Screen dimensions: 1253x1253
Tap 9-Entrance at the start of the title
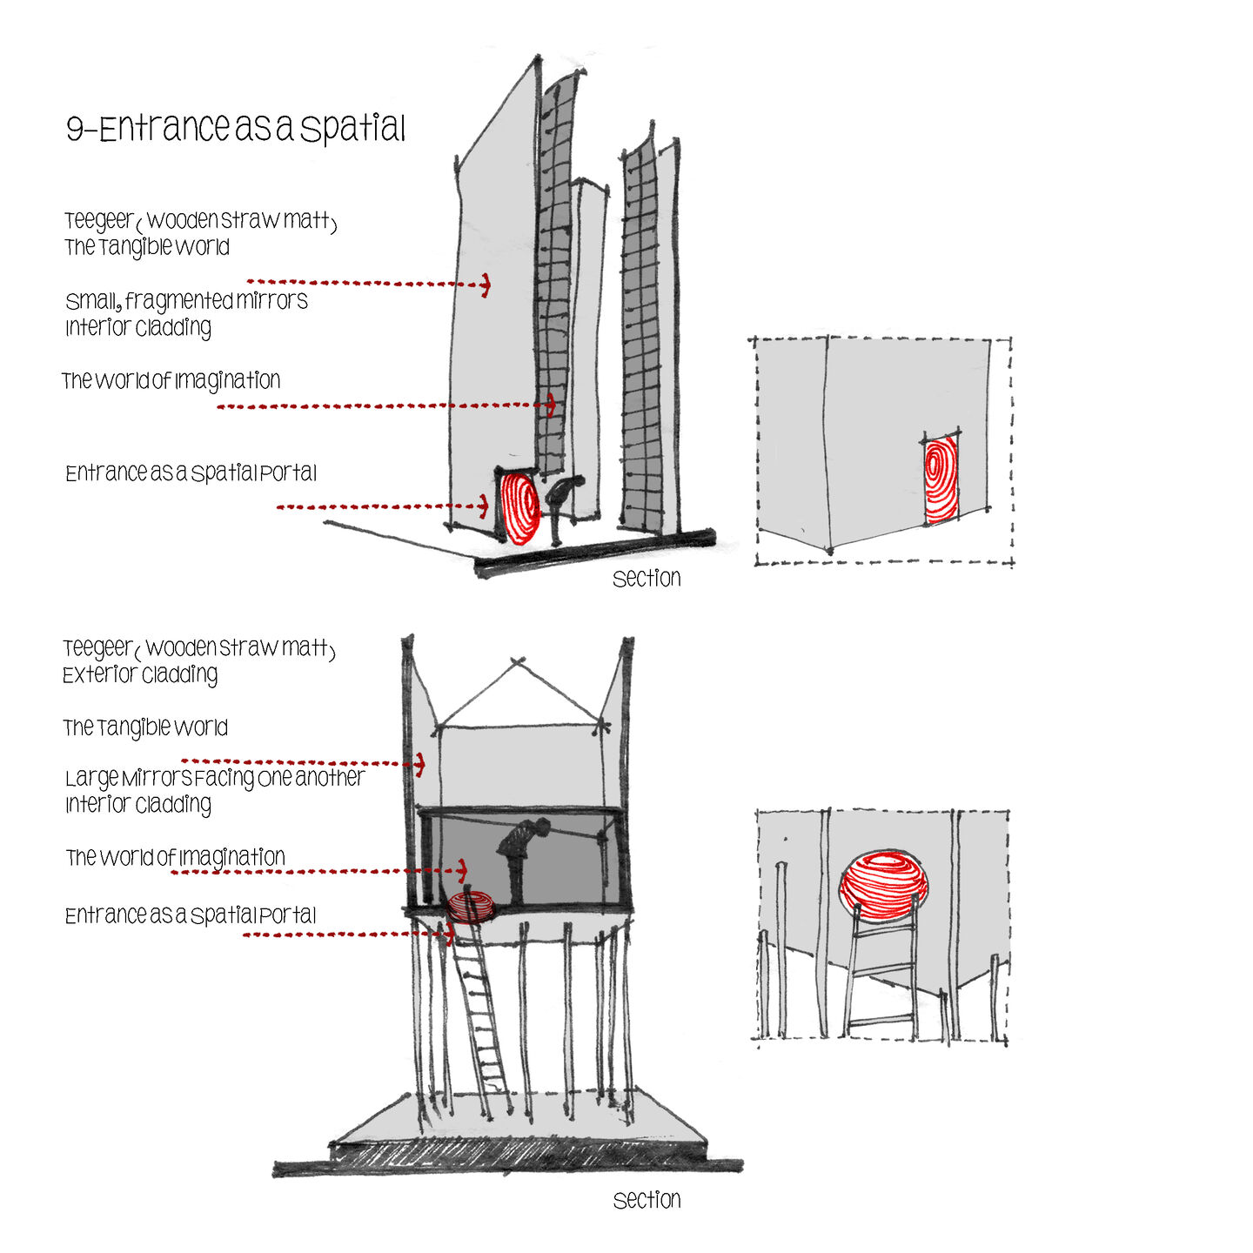tap(148, 127)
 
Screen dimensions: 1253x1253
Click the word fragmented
tap(178, 302)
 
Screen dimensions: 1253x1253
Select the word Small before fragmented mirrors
tap(93, 301)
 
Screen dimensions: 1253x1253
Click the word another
tap(330, 777)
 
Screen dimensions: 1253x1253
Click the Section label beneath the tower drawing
tap(647, 578)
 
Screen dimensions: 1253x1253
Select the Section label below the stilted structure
tap(647, 1200)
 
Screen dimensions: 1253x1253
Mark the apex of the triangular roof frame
tap(518, 661)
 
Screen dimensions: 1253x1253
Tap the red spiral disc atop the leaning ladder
tap(470, 907)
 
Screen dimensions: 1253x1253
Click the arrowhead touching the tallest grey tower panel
tap(485, 285)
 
